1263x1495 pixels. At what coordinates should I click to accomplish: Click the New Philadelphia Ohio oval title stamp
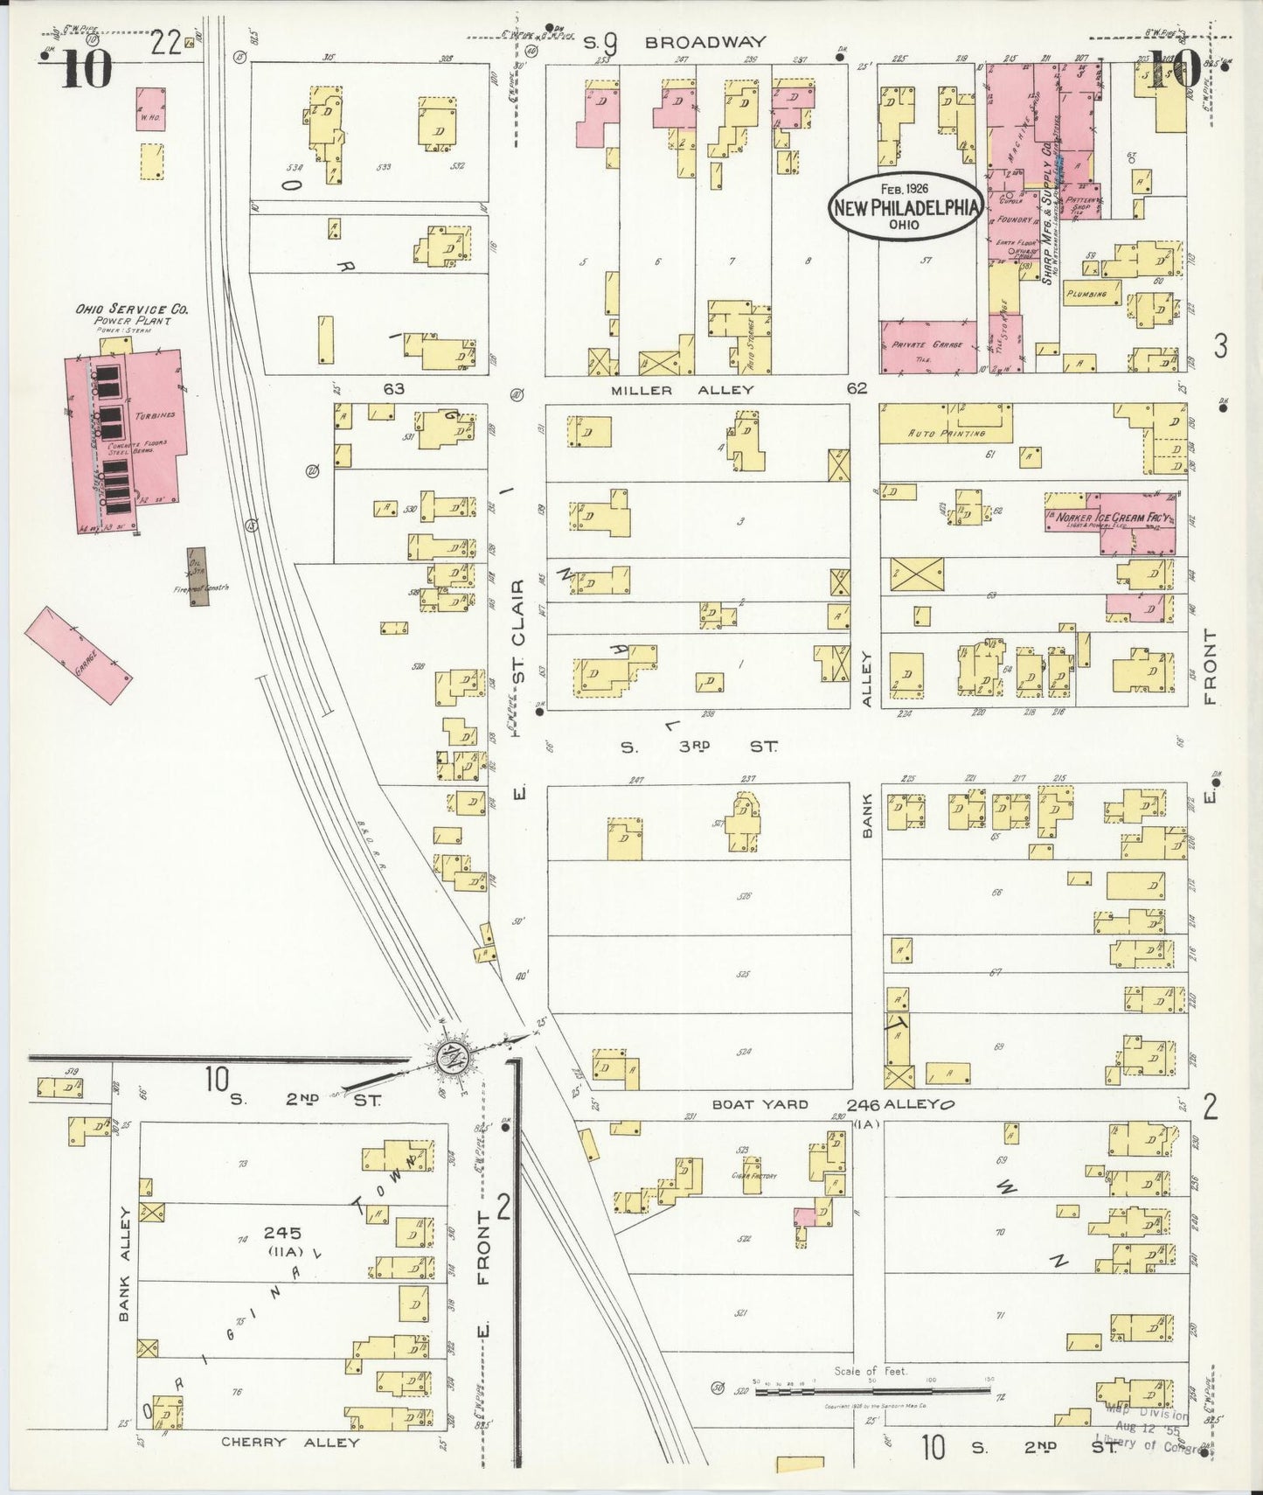pos(905,205)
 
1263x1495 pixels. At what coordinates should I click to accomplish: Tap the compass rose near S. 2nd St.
pos(455,1057)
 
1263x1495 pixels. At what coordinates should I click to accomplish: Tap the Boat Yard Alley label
pos(760,1104)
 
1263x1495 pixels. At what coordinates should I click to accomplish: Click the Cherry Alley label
pos(290,1442)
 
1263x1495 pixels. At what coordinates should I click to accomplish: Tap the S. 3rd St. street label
pos(699,747)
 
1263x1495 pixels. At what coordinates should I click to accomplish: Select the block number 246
pos(863,1104)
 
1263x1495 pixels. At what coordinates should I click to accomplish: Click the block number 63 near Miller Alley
pos(393,387)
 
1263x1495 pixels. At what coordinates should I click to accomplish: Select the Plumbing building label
pos(1086,295)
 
